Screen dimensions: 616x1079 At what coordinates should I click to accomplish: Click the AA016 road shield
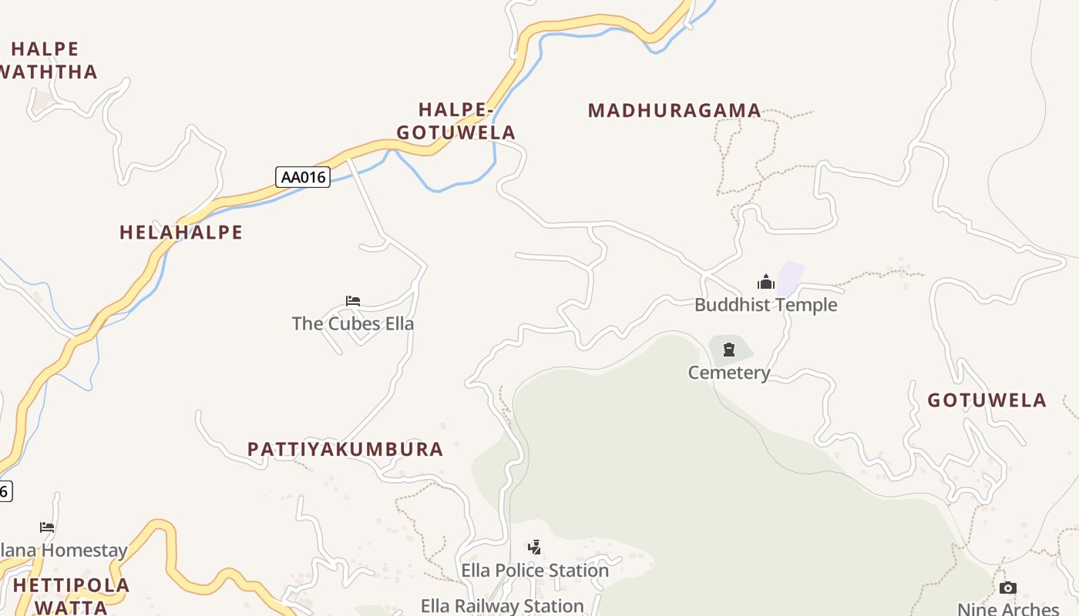point(303,177)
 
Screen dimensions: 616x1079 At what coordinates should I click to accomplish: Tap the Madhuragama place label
point(674,111)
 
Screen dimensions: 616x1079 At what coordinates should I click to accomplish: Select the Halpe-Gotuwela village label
point(456,122)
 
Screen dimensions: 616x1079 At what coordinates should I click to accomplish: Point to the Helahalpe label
point(181,233)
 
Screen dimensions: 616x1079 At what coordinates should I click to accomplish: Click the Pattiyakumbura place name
point(345,450)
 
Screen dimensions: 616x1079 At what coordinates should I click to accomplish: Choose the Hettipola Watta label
point(71,596)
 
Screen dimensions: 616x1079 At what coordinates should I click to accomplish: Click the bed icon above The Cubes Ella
point(353,301)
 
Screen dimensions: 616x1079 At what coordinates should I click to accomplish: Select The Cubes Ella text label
point(353,323)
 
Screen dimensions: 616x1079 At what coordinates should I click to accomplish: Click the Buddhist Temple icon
point(765,282)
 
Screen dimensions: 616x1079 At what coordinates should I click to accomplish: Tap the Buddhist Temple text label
point(765,305)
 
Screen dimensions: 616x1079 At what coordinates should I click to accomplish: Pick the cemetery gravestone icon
point(729,350)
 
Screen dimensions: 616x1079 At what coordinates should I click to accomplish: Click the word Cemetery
point(729,373)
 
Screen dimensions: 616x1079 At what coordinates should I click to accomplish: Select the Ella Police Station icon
point(534,547)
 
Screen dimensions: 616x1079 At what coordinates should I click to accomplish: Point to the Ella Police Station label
point(535,571)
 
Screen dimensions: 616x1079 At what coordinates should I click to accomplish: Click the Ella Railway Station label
point(502,606)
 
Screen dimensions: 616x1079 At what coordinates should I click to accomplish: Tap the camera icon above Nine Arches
point(1007,588)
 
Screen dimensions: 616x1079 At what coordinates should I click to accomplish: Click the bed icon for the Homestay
point(47,527)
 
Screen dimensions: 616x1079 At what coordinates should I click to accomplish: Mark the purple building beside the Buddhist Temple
point(791,278)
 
